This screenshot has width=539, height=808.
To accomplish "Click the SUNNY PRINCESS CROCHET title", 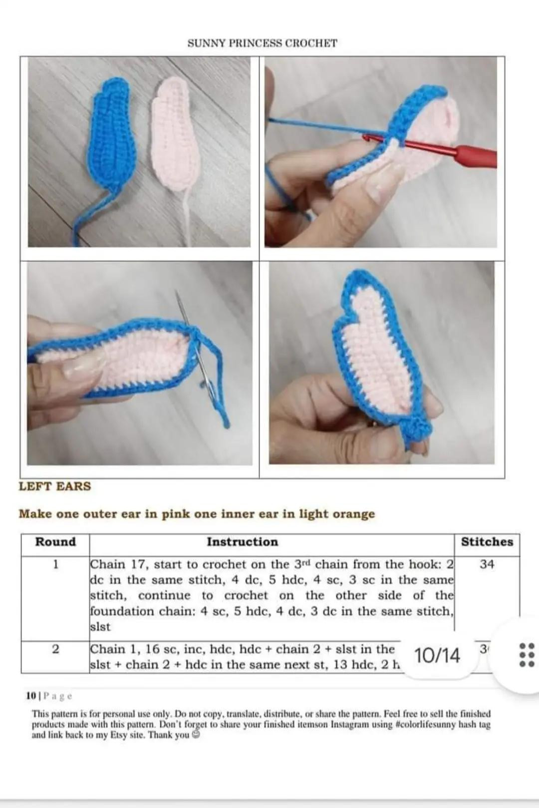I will (x=262, y=43).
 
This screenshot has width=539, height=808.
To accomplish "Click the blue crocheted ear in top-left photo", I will (x=113, y=135).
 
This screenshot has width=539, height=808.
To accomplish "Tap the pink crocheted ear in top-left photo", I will (x=175, y=135).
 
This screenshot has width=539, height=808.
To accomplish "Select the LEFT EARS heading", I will (x=55, y=486).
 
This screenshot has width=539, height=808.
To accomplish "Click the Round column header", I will (x=55, y=542).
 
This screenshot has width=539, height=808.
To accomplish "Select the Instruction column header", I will (x=242, y=542).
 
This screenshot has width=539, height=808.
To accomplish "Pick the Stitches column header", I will (x=487, y=542).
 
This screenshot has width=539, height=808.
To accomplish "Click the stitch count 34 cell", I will (x=487, y=565).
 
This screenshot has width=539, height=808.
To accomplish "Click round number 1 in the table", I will (x=55, y=565).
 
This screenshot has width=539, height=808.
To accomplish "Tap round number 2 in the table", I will (x=55, y=649).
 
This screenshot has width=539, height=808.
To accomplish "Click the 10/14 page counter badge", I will (x=437, y=655).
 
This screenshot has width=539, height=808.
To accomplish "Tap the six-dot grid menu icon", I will (x=527, y=655).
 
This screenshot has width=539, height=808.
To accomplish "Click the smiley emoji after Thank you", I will (x=196, y=735).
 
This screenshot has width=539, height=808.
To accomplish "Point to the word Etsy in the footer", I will (x=119, y=735).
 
